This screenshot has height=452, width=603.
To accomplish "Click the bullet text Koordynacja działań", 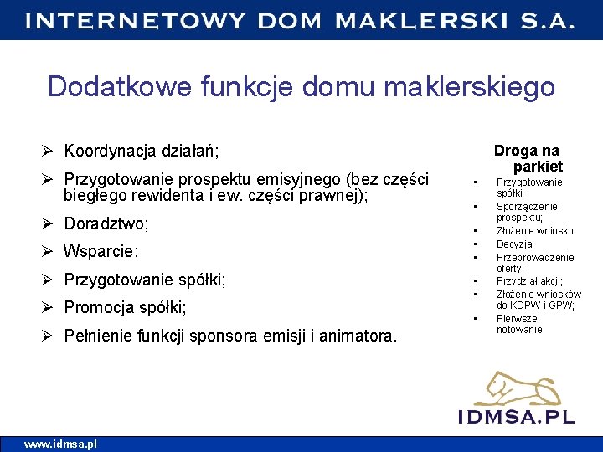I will tap(141, 152).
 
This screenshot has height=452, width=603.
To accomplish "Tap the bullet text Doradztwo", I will tap(106, 223).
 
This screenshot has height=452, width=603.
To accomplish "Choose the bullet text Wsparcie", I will tap(101, 251).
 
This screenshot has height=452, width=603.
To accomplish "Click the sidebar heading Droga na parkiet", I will tap(527, 158).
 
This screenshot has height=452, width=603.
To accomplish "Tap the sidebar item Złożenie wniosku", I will tap(534, 230).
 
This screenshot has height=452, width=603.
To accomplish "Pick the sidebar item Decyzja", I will tap(515, 244).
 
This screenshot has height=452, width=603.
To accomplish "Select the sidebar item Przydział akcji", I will tap(529, 281).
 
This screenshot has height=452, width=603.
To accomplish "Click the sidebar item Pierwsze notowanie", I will tap(518, 324).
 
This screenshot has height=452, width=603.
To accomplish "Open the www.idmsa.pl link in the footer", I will tap(60, 444).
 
